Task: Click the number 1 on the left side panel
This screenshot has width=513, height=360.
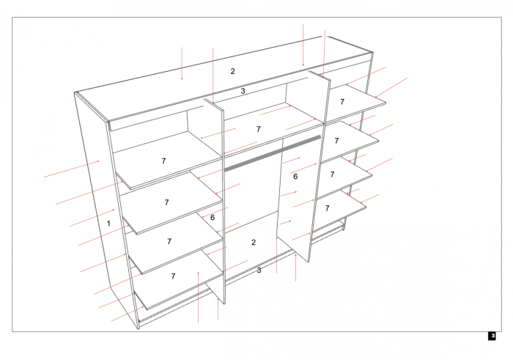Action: (x=108, y=223)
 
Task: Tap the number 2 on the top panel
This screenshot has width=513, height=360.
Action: (x=233, y=71)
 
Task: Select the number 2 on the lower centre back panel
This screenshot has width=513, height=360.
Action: (x=254, y=242)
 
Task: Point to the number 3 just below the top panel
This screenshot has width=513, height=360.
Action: (x=243, y=91)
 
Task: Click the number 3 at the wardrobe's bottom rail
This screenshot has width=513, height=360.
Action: (x=259, y=271)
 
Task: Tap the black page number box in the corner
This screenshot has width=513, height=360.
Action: (x=492, y=336)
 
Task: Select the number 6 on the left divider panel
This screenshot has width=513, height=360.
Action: (x=212, y=217)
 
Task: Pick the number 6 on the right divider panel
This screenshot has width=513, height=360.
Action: (x=295, y=177)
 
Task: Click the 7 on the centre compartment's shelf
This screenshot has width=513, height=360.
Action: (x=258, y=129)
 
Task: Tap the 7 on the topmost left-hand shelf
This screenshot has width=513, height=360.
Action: (x=163, y=161)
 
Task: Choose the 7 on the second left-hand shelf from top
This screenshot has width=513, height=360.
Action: (x=166, y=202)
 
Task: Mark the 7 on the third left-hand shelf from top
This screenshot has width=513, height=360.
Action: (x=169, y=241)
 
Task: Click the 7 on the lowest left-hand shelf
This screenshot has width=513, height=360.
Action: (x=173, y=276)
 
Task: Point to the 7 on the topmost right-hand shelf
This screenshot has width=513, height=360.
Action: (x=342, y=102)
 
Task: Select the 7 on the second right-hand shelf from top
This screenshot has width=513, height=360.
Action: (x=336, y=140)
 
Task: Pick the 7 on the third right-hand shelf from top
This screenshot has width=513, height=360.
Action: (x=332, y=175)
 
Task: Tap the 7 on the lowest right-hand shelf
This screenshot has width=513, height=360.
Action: (x=327, y=208)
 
